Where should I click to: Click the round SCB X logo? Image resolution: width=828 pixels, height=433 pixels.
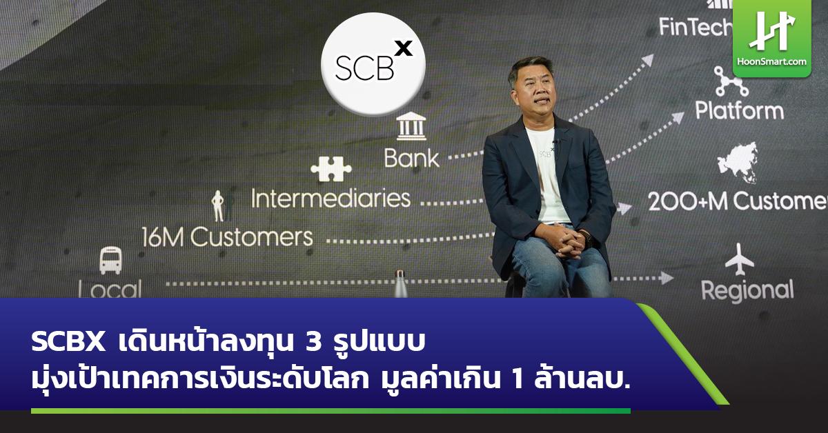(x=373, y=63)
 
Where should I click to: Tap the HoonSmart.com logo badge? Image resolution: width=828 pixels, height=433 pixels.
(x=771, y=38)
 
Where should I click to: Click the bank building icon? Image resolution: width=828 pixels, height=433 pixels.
(x=411, y=127)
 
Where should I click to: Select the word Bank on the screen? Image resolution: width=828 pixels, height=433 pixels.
(x=411, y=158)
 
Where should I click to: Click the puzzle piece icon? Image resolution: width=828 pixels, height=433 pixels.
(x=331, y=168)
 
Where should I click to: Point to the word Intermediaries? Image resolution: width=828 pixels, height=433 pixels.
(x=331, y=199)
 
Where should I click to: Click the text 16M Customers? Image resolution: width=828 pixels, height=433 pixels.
(x=227, y=237)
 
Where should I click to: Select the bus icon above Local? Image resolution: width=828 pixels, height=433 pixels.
(x=110, y=261)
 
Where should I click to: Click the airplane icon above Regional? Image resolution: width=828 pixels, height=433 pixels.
(x=740, y=259)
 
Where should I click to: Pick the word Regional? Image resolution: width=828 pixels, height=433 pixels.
(x=747, y=290)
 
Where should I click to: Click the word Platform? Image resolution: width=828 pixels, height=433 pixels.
(x=739, y=110)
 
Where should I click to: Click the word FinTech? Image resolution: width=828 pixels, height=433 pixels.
(x=694, y=27)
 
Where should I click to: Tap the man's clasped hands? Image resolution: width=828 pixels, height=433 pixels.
(x=564, y=239)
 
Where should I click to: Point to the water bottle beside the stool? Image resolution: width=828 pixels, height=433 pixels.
(x=400, y=284)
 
